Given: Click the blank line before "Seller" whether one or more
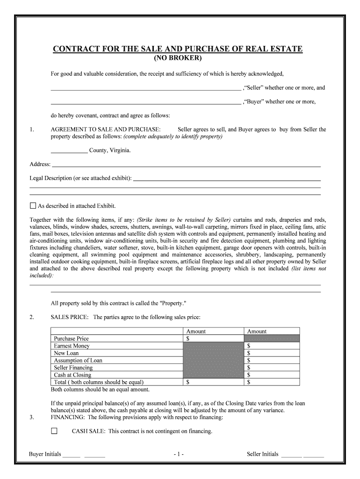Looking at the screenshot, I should (145, 88).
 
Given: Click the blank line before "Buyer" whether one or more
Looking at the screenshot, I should (145, 102).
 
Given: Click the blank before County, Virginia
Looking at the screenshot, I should (69, 151).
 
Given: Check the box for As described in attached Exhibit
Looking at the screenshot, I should (33, 206).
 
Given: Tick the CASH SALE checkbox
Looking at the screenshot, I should (54, 431).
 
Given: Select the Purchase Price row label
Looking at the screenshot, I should (71, 338).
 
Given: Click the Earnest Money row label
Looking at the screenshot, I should (72, 346).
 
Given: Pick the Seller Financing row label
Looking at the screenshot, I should (73, 368).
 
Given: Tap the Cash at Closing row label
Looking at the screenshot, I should (72, 375).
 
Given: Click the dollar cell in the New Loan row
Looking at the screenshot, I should (271, 353).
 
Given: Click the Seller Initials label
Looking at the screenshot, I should (262, 454).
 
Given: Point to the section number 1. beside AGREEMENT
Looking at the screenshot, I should (32, 130).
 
